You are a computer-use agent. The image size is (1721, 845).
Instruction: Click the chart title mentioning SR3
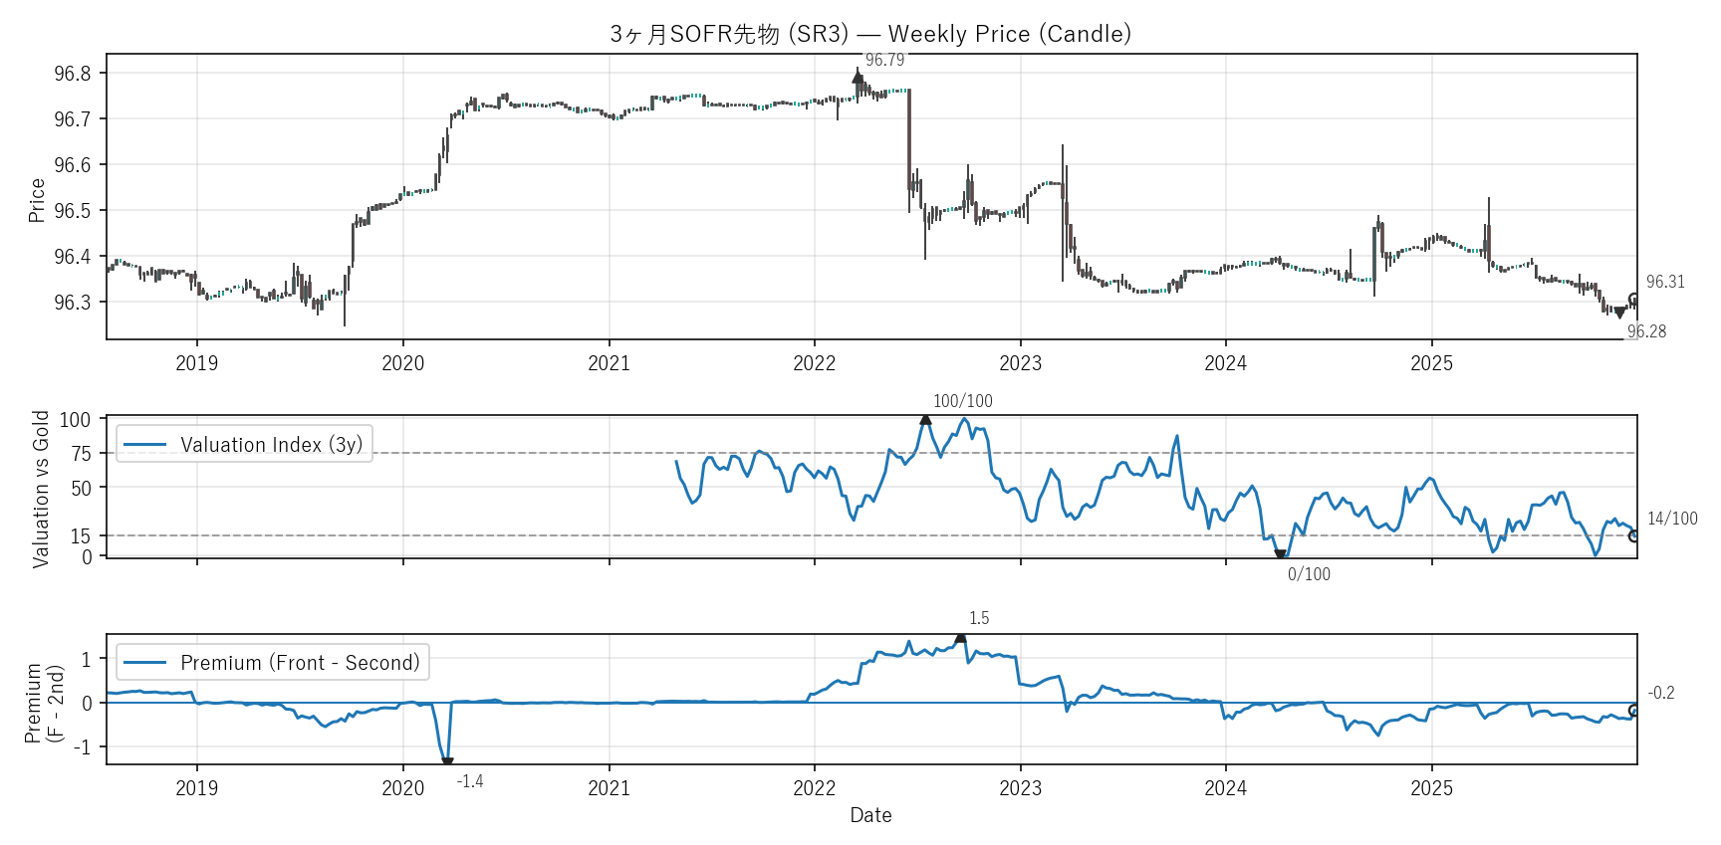870,34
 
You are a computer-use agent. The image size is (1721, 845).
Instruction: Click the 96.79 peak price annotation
884,60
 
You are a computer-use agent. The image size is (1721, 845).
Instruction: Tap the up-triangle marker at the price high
858,77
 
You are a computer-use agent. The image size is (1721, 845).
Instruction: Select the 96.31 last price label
1665,282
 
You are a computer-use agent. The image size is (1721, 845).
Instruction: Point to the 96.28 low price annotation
1646,331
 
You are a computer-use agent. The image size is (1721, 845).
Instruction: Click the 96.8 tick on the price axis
73,74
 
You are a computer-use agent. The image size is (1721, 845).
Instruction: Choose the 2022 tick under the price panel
814,363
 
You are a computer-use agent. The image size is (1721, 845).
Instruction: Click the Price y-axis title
37,200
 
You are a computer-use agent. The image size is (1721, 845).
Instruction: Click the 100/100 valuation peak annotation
962,401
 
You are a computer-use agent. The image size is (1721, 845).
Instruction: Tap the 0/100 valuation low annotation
1308,574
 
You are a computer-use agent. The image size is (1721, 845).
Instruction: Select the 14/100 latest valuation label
1672,519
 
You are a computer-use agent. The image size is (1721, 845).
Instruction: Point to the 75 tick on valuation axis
81,454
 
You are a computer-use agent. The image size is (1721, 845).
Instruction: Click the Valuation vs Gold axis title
41,489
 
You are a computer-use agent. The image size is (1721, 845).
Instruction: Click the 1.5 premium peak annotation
979,618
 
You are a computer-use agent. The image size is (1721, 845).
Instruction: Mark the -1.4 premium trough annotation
469,781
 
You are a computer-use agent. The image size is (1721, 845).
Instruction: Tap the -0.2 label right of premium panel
1661,693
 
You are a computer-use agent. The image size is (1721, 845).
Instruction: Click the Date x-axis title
870,815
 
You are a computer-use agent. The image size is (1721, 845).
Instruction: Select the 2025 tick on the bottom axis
1431,788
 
